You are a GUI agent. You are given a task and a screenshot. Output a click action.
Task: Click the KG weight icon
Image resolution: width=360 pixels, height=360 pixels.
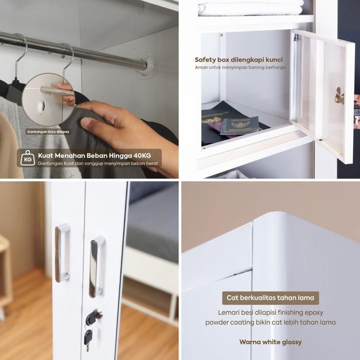tap(27, 157)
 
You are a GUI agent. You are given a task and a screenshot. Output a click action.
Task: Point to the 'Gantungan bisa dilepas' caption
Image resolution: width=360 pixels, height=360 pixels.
tap(48, 132)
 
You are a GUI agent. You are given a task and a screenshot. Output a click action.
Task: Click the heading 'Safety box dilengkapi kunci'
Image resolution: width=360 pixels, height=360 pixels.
tap(239, 60)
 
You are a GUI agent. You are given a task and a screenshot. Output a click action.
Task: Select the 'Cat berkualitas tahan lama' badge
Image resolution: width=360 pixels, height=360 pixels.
tap(272, 298)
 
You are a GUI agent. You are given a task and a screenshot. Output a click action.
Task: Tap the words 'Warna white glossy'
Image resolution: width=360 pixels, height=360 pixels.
tap(271, 342)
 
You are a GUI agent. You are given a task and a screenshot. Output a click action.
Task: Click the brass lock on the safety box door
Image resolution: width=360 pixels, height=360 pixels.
tap(339, 98)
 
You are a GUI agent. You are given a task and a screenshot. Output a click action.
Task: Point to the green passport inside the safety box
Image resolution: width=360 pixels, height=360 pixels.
tap(240, 125)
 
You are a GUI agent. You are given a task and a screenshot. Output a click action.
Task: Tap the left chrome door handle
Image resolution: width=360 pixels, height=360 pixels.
tap(63, 253)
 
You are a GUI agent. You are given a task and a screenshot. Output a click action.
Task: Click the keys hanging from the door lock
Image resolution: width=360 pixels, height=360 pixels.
tap(91, 327)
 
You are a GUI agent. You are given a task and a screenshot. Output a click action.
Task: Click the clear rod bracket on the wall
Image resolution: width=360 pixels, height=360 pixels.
tap(146, 65)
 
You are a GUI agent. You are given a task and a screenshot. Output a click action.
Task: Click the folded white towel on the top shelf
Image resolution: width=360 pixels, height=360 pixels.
tap(251, 7)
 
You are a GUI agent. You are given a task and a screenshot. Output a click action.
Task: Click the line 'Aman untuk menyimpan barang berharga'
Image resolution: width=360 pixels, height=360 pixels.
tap(239, 67)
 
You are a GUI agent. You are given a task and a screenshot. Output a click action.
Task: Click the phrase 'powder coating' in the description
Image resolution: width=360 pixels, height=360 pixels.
tap(228, 322)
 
